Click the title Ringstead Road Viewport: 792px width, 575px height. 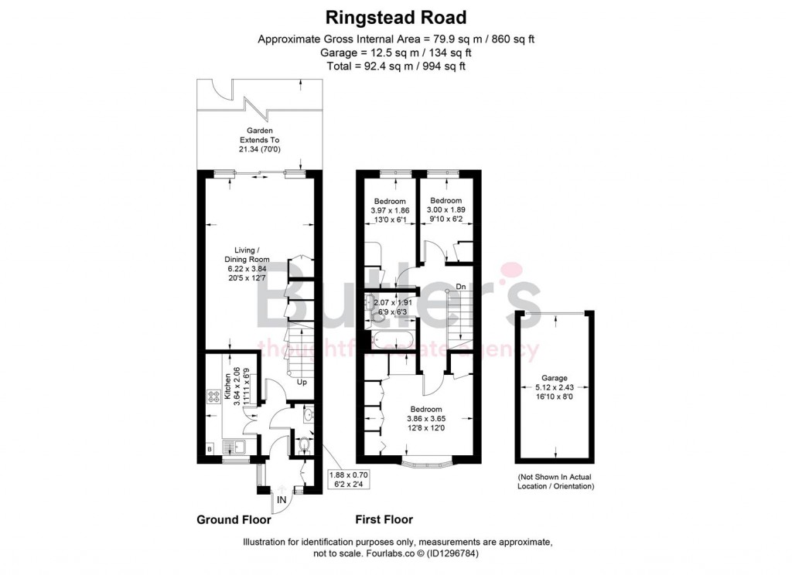click(x=395, y=16)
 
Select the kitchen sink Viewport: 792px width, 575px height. click(x=234, y=446)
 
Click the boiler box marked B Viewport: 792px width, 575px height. click(x=209, y=449)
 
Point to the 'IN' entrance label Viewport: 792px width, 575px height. click(x=283, y=500)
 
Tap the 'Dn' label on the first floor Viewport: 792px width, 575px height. click(x=460, y=286)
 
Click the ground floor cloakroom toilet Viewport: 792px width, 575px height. click(x=304, y=445)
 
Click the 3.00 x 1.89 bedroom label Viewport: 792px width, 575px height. click(x=445, y=209)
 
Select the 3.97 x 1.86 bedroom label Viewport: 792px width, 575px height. click(x=390, y=209)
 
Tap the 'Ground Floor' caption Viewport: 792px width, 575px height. click(x=233, y=519)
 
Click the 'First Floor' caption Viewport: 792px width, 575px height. click(x=384, y=519)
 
